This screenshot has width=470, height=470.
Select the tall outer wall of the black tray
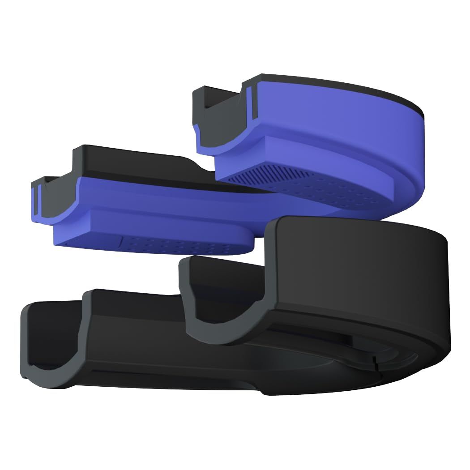pos(358,269)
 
